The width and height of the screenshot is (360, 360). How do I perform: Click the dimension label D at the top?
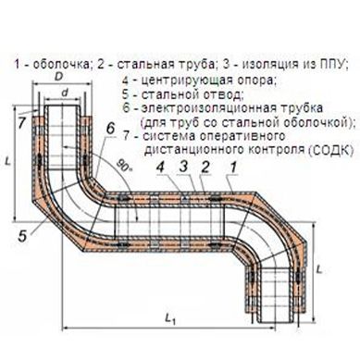58,77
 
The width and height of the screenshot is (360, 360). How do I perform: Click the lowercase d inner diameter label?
65,93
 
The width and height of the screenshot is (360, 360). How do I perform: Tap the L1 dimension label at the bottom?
170,318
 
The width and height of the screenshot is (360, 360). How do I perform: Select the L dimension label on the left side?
8,161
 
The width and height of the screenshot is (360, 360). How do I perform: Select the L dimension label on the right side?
319,269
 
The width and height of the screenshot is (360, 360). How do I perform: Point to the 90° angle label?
124,167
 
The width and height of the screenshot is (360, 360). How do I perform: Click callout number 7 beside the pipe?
21,123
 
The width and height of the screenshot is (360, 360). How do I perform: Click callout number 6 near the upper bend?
110,129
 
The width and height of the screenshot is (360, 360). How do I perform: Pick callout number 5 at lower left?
22,236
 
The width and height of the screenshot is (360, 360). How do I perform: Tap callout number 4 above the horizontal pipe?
160,168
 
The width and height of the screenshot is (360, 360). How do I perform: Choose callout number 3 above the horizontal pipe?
183,167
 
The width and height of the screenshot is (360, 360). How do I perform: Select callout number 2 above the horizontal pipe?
205,167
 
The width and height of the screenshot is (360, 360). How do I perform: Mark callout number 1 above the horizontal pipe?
233,167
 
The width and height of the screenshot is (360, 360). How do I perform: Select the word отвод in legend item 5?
222,94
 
